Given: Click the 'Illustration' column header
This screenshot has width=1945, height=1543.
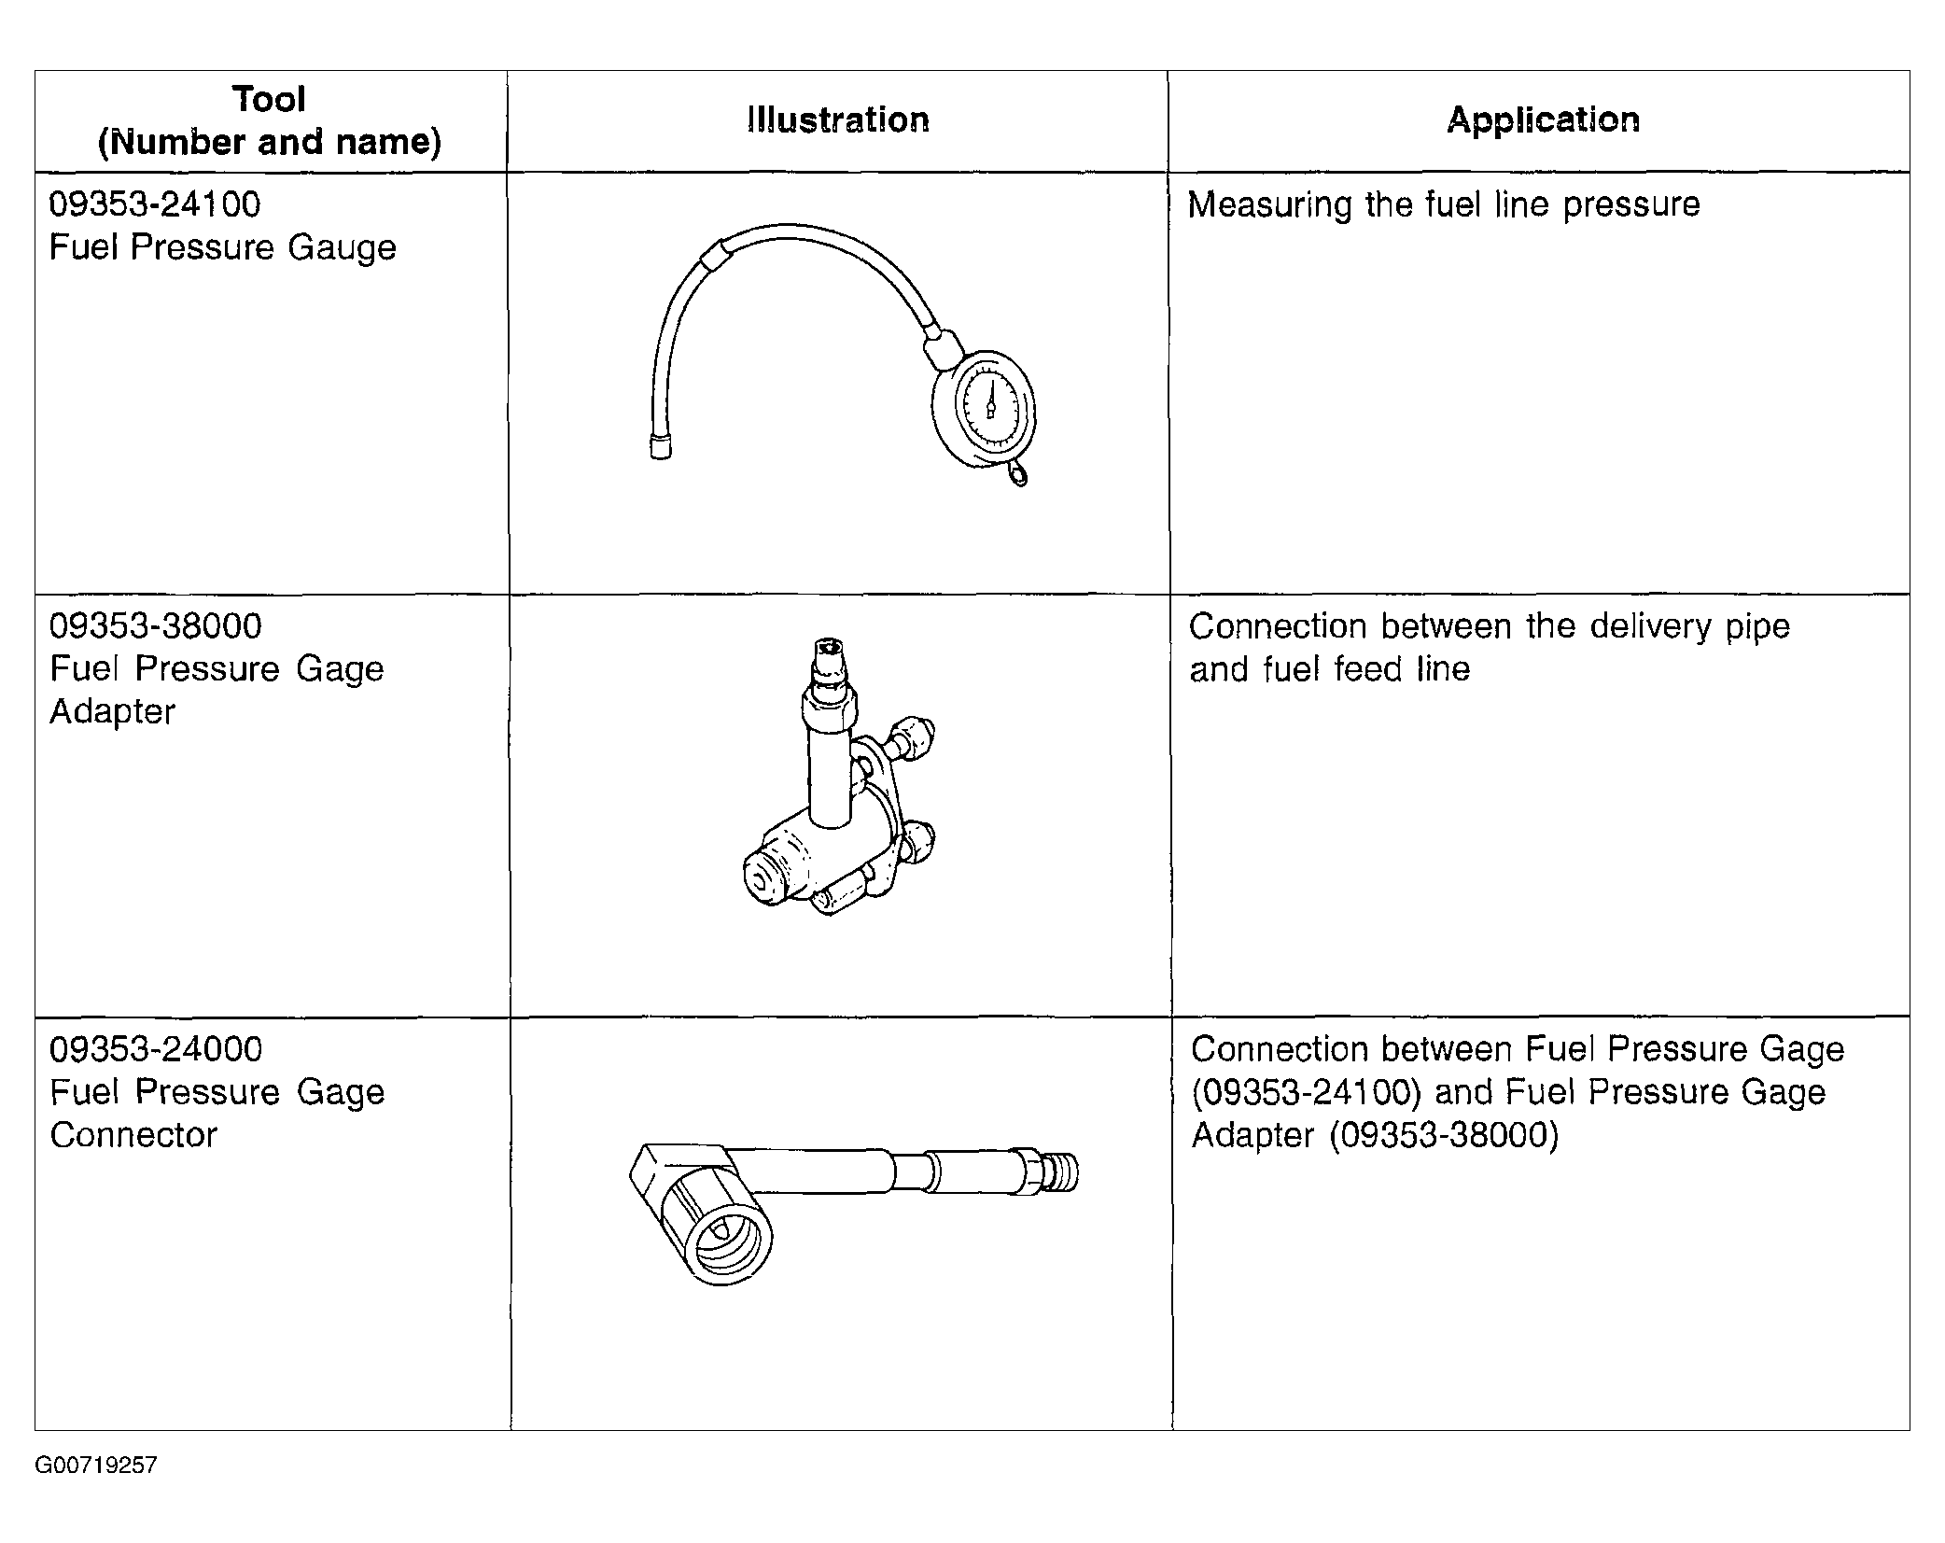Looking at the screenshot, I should point(837,120).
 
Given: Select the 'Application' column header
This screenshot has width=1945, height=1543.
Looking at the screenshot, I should point(1542,120).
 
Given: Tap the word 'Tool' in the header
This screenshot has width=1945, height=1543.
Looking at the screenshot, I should point(269,99).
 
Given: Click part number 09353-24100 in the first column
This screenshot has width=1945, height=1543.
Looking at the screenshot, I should point(155,204).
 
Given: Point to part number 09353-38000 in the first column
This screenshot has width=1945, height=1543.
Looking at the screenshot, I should point(156,626).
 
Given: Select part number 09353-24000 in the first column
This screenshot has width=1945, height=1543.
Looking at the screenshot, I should point(156,1049).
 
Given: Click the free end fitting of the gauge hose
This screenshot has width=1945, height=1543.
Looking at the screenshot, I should point(661,447).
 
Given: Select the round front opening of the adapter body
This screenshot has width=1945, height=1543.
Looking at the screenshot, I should point(766,879).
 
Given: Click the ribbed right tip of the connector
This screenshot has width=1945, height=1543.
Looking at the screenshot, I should point(1064,1172).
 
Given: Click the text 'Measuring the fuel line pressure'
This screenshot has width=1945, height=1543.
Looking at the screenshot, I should point(1443,204).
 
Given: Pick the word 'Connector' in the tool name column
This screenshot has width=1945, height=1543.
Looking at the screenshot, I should point(133,1135).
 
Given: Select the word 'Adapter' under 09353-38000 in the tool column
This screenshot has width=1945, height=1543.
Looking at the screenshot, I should point(112,712).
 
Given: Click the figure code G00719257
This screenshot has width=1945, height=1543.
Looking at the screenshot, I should point(96,1466).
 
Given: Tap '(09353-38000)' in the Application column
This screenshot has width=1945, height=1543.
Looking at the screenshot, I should point(1444,1135).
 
